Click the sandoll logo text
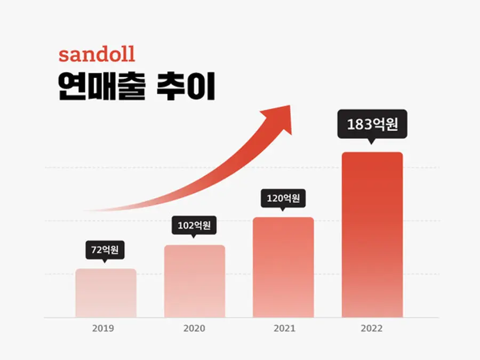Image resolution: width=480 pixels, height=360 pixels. point(97,54)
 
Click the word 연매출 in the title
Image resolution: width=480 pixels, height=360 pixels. point(101,86)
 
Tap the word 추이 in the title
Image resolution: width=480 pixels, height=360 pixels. point(186,86)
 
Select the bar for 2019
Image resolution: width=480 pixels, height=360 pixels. point(106,293)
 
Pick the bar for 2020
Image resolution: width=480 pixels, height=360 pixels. point(195,281)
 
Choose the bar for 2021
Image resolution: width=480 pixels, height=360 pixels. point(283,267)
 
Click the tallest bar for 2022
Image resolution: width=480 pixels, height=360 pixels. point(372,235)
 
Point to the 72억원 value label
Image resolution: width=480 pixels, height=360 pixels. point(105,250)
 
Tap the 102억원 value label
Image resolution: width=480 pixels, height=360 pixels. point(194,225)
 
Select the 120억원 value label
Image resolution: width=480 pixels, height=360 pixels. point(283,198)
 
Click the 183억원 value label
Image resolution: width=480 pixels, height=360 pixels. point(372,124)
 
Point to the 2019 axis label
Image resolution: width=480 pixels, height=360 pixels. point(103,329)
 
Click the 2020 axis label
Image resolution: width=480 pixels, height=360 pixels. point(194,329)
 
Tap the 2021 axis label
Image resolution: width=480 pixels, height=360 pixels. point(285,329)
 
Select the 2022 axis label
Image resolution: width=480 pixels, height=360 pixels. point(372,329)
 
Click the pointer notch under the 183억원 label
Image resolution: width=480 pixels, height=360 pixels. point(371,141)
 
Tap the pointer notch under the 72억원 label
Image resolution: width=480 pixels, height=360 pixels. point(105,261)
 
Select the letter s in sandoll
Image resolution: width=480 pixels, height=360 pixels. point(63,57)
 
